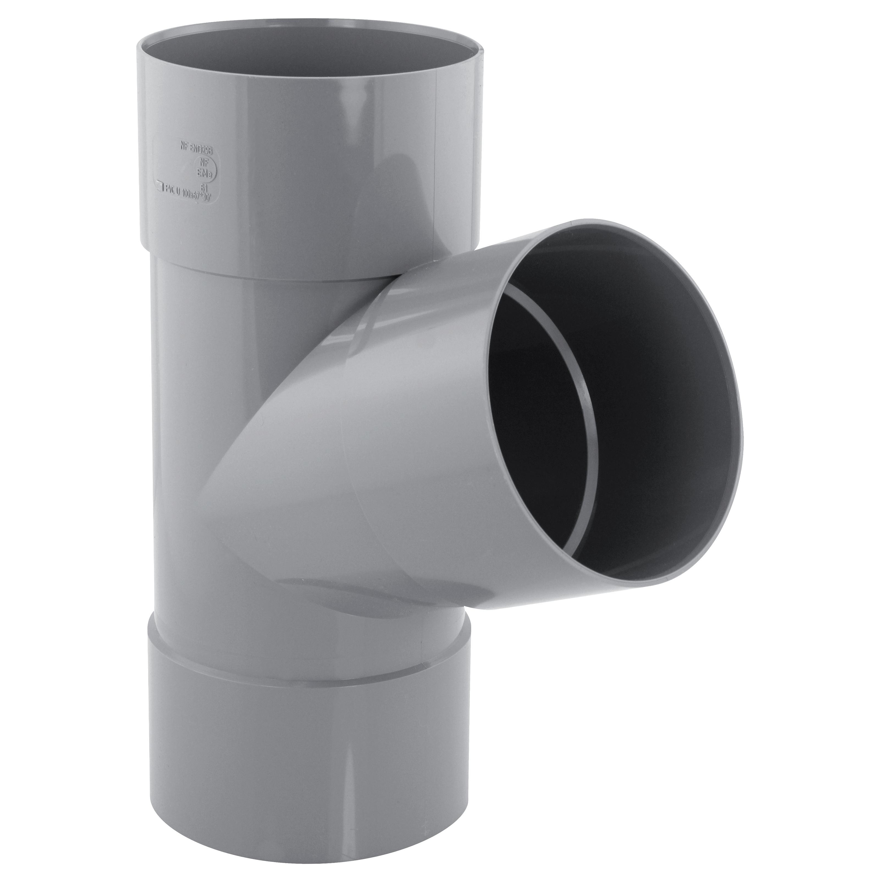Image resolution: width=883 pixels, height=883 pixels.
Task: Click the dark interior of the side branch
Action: pos(640,411)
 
